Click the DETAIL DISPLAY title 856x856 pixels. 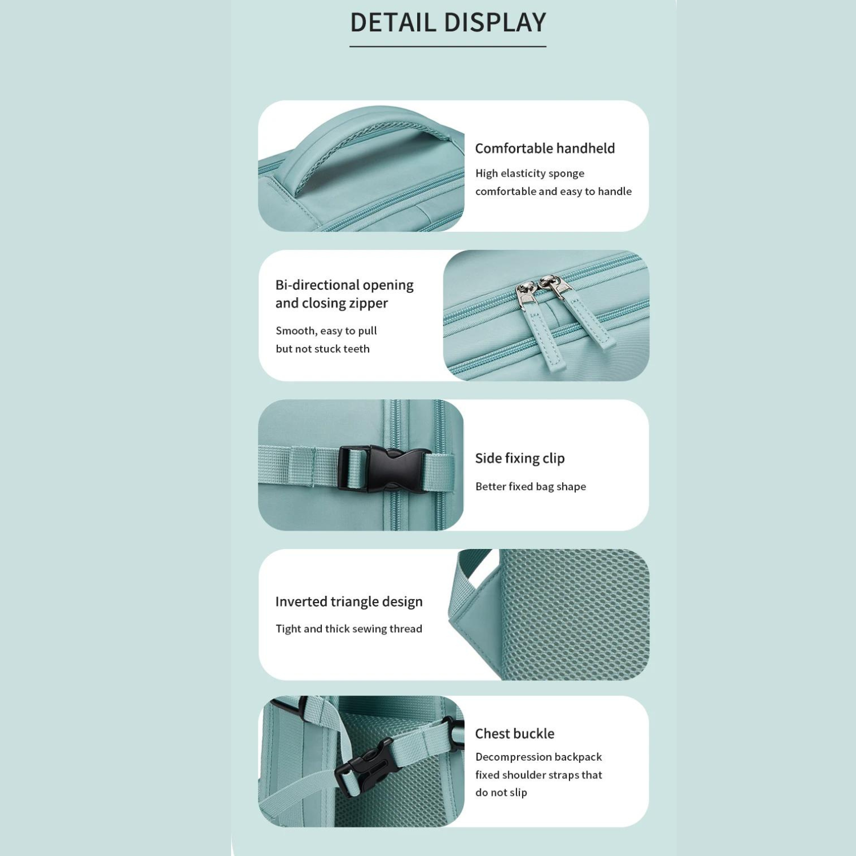pyautogui.click(x=448, y=23)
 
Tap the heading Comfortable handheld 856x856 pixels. pyautogui.click(x=545, y=148)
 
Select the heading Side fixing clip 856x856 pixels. pyautogui.click(x=520, y=458)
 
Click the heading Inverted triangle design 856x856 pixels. pyautogui.click(x=349, y=602)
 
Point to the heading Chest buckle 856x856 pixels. pyautogui.click(x=515, y=734)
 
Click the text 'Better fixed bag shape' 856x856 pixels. pyautogui.click(x=531, y=487)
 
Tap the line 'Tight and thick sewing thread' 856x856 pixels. pyautogui.click(x=349, y=629)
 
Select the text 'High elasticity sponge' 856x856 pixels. pyautogui.click(x=530, y=173)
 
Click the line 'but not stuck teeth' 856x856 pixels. pyautogui.click(x=322, y=349)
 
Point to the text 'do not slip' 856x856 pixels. pyautogui.click(x=501, y=793)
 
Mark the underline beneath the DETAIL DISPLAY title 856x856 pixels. pyautogui.click(x=448, y=46)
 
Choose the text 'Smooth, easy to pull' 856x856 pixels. pyautogui.click(x=326, y=331)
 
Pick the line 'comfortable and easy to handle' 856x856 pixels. pyautogui.click(x=554, y=192)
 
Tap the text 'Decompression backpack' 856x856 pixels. pyautogui.click(x=539, y=757)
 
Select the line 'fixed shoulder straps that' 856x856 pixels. pyautogui.click(x=539, y=775)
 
